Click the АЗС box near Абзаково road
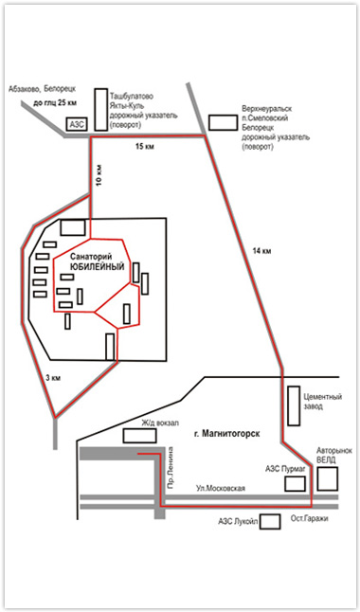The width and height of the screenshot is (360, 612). tap(78, 124)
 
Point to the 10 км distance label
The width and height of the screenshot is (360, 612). tap(99, 177)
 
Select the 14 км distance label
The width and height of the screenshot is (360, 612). tap(262, 251)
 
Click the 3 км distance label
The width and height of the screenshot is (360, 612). tap(53, 378)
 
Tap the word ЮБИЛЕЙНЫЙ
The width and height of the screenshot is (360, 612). tap(97, 267)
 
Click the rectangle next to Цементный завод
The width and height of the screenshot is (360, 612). tap(294, 405)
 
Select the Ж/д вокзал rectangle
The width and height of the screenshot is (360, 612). tap(140, 436)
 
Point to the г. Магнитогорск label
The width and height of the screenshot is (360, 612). tap(226, 434)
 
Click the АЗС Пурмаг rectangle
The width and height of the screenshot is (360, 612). tap(295, 483)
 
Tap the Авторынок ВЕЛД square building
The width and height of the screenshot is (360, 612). tap(328, 478)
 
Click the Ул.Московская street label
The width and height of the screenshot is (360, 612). tap(221, 488)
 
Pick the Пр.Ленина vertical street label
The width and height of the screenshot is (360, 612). tap(170, 468)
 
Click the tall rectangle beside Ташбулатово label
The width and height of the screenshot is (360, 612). tap(101, 109)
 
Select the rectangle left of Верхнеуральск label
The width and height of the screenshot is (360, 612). tap(223, 122)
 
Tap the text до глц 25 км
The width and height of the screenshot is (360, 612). tap(56, 104)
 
